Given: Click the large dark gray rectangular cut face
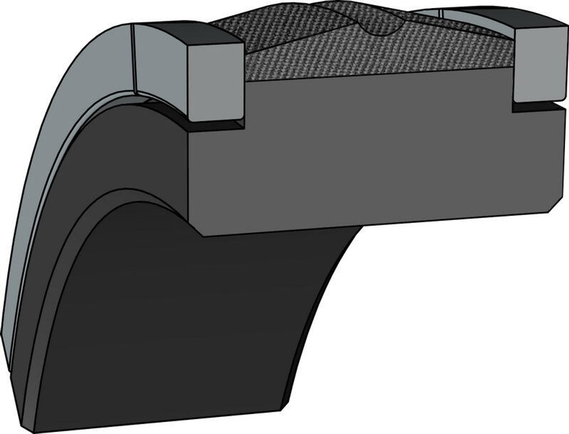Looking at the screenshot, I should click(x=370, y=159).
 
